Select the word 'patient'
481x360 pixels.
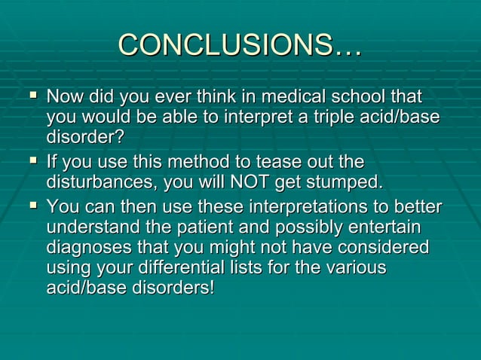pos(250,227)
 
